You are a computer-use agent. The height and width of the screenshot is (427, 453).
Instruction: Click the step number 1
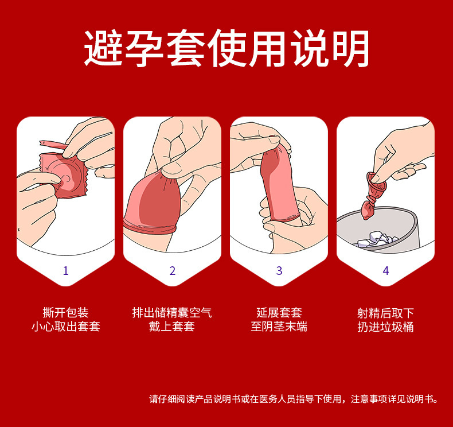66,271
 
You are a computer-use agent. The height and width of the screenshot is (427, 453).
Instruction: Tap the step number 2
173,271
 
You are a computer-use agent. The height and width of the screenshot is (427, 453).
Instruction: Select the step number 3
279,271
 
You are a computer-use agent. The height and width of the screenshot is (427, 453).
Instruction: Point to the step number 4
386,271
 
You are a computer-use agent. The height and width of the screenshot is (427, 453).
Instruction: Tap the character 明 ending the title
350,48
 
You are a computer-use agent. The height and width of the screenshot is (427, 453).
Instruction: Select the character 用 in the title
268,48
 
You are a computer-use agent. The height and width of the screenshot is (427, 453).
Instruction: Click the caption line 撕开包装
65,313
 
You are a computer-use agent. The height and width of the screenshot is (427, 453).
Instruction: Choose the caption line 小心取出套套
65,327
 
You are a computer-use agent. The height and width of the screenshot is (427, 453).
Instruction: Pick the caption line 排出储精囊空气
172,313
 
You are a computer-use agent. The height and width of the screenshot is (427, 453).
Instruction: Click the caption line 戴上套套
172,327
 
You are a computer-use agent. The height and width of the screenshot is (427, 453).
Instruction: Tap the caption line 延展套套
279,313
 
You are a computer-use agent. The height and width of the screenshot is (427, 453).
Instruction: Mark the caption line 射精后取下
386,313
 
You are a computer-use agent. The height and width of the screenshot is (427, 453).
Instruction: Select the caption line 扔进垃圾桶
386,327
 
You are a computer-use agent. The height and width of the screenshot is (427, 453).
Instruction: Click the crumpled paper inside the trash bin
377,239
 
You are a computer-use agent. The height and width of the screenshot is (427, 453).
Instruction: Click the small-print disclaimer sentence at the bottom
294,399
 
